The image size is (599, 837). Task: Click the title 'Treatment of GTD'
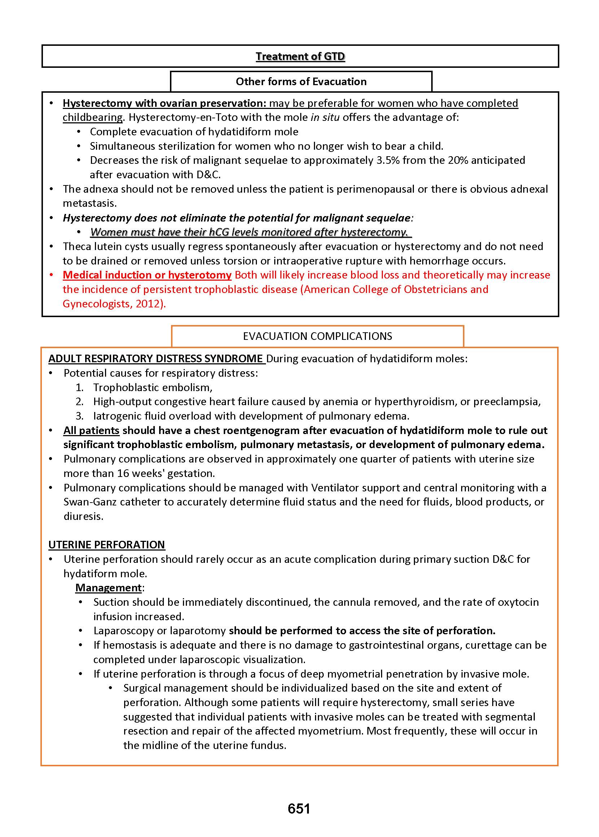(x=300, y=56)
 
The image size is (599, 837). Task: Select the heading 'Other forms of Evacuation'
(x=301, y=82)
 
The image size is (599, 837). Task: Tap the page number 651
(x=299, y=808)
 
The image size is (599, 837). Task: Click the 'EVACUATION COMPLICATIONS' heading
(x=317, y=336)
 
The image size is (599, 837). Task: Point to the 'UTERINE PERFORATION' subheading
(x=106, y=545)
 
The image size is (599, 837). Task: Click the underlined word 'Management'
(x=109, y=587)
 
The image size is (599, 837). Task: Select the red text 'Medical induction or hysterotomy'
(x=147, y=275)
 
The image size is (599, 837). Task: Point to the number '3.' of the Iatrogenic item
(x=80, y=416)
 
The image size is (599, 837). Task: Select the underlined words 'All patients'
(x=91, y=430)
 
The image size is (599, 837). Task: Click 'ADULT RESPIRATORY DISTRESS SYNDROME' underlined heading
(x=155, y=359)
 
